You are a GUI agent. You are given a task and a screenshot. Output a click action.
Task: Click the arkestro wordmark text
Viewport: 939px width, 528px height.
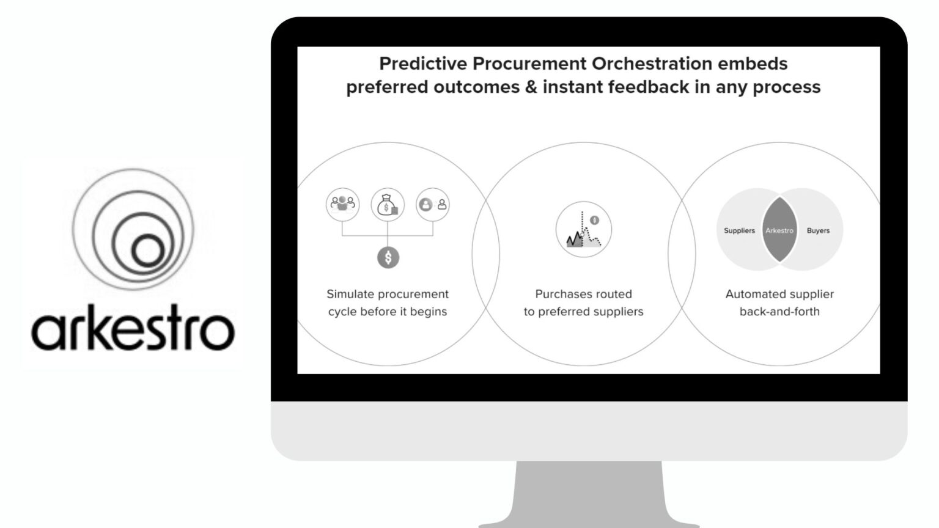(x=133, y=328)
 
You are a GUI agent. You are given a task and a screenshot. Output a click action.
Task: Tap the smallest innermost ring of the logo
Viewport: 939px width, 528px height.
(x=147, y=251)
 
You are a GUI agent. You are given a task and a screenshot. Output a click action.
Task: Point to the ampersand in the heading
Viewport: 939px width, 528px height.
(x=531, y=87)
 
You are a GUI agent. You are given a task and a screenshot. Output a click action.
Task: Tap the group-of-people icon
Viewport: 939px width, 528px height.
(x=342, y=204)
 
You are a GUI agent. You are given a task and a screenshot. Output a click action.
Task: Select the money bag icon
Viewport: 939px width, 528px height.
(x=388, y=205)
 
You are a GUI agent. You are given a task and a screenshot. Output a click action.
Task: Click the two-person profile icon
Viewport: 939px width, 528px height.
(x=433, y=205)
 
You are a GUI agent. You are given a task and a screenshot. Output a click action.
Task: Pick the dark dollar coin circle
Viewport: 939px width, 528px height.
(x=388, y=258)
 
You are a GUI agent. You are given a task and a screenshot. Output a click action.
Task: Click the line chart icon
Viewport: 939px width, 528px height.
(x=583, y=230)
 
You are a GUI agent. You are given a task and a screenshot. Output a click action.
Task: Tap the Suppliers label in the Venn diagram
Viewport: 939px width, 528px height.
(x=739, y=230)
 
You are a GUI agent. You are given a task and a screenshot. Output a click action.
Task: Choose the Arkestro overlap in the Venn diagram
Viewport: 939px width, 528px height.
(x=779, y=230)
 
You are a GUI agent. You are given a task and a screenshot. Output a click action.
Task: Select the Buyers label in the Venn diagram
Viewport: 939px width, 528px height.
(x=818, y=230)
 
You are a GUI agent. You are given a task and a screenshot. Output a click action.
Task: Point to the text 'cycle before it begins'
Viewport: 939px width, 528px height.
(x=388, y=312)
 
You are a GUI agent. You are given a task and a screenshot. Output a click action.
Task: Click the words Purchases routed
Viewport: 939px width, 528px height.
(x=583, y=294)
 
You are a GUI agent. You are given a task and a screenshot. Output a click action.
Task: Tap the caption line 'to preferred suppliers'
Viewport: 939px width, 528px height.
(x=583, y=312)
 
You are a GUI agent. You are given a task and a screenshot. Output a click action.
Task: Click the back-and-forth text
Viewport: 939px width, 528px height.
(x=779, y=312)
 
